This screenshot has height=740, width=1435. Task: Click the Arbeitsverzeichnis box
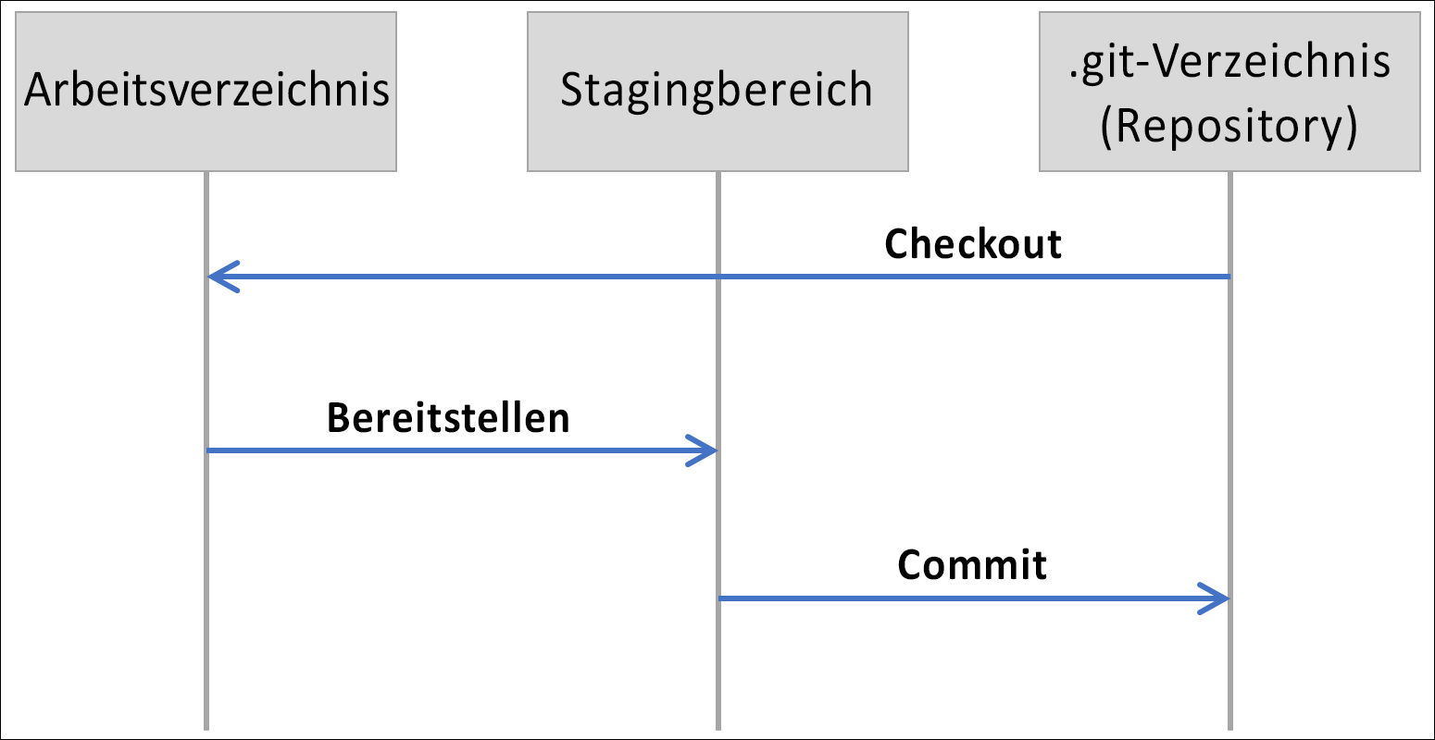point(206,92)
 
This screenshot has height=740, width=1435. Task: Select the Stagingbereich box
point(717,92)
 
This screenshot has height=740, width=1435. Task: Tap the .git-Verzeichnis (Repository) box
point(1229,92)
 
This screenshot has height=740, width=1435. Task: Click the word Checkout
point(973,244)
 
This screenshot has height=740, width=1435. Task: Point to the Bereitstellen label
point(448,418)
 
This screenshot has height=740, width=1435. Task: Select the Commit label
point(972,565)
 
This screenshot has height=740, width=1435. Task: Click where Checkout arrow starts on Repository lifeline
point(1229,277)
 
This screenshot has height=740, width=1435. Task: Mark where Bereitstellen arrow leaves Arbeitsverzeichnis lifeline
point(207,451)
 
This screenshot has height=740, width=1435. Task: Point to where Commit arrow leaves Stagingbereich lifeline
point(719,598)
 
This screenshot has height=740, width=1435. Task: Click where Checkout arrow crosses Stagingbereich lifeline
point(717,277)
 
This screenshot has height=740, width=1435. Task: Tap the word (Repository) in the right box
point(1229,127)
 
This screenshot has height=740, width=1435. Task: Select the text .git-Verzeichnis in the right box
point(1229,61)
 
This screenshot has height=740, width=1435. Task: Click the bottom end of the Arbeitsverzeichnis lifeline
point(206,727)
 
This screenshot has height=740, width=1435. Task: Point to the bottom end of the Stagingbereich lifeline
point(717,727)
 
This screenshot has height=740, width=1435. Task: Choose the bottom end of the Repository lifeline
point(1229,727)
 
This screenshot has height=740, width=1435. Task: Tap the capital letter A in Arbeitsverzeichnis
point(36,91)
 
